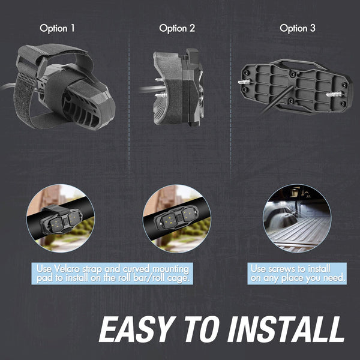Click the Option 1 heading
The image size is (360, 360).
pyautogui.click(x=57, y=28)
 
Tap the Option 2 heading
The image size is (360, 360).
pyautogui.click(x=177, y=28)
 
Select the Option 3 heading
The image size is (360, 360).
pyautogui.click(x=298, y=28)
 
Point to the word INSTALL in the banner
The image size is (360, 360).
pyautogui.click(x=286, y=329)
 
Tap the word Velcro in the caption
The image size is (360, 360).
pyautogui.click(x=67, y=268)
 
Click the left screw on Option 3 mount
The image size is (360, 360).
pyautogui.click(x=245, y=82)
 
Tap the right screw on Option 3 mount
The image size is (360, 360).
pyautogui.click(x=334, y=94)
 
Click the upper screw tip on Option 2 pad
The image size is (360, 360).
pyautogui.click(x=159, y=80)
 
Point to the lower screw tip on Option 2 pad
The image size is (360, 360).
pyautogui.click(x=159, y=95)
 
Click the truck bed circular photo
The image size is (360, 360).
pyautogui.click(x=297, y=218)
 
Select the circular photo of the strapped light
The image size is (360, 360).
pyautogui.click(x=61, y=218)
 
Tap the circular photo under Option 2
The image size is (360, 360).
pyautogui.click(x=177, y=218)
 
